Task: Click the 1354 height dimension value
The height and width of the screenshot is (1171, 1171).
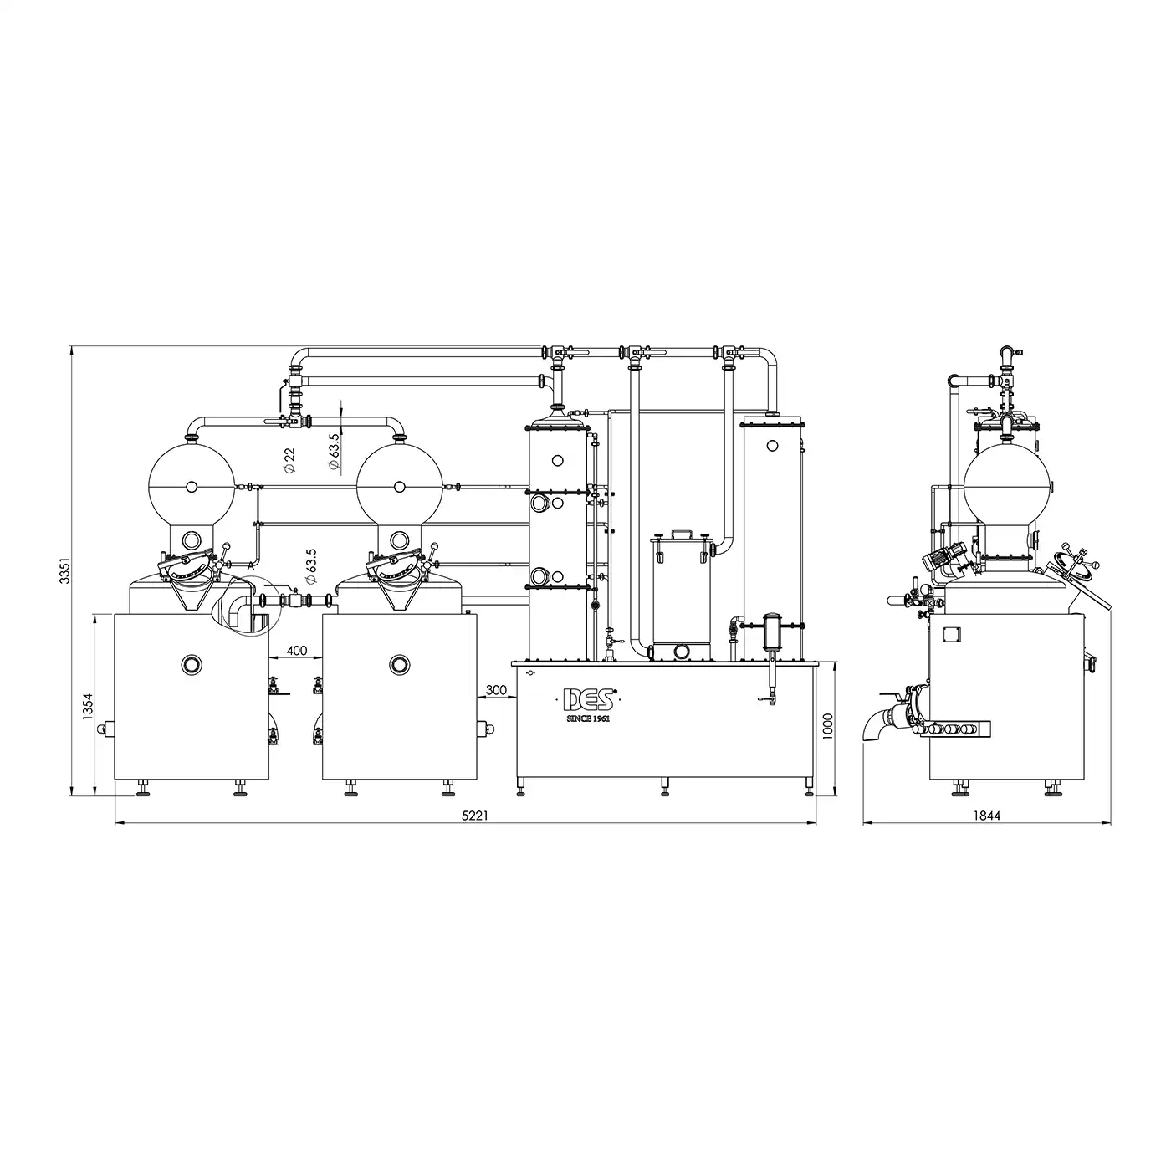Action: [x=88, y=706]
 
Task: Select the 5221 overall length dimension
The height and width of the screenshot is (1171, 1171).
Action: [x=474, y=816]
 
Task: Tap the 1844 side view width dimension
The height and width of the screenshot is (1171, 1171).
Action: [x=987, y=816]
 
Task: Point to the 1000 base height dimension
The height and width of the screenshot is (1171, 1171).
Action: [x=826, y=725]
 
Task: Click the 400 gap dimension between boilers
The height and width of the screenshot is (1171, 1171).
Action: [x=297, y=651]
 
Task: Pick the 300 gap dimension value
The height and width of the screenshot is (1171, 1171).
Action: [x=497, y=690]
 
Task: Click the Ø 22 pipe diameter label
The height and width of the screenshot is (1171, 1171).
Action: [x=289, y=460]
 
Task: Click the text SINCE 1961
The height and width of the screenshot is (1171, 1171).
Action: [x=587, y=718]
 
